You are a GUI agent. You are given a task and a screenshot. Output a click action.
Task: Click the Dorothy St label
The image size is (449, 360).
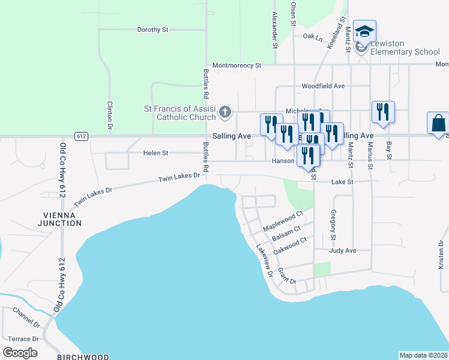[153, 29]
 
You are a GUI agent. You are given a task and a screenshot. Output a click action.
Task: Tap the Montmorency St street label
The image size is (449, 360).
[237, 65]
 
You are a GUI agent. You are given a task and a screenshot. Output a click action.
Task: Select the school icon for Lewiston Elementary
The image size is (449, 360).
[364, 32]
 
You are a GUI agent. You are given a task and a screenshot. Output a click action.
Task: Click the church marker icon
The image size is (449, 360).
[224, 111]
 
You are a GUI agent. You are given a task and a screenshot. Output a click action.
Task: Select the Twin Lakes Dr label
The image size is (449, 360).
[178, 178]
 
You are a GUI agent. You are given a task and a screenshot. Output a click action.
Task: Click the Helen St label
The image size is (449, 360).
[155, 153]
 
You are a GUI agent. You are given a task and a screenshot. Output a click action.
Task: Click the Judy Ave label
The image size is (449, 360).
[343, 250]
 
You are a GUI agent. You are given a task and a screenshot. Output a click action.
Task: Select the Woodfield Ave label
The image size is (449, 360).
[323, 86]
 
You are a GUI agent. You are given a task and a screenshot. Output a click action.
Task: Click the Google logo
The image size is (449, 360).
[20, 353]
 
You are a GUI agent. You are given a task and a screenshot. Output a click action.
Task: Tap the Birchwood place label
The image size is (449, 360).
[83, 357]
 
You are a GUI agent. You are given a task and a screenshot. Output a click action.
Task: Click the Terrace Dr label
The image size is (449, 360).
[23, 339]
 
